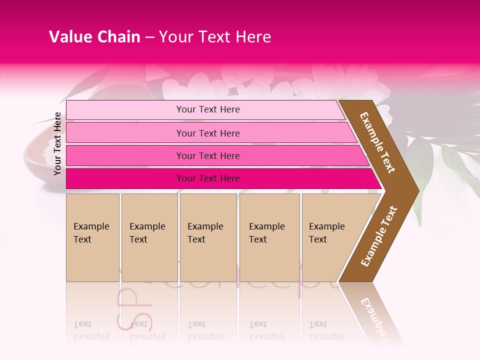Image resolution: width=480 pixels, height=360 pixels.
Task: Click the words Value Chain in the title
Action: pos(94,37)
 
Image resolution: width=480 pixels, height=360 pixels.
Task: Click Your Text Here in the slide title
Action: pos(215,37)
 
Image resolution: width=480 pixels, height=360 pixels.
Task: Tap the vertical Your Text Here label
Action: pos(57,143)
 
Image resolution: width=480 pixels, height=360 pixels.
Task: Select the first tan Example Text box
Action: pos(92,237)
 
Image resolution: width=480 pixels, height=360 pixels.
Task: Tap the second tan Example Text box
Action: pos(149,237)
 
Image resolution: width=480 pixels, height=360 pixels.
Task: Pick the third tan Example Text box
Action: pos(208,237)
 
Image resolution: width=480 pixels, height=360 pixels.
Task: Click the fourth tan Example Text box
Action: pos(269,237)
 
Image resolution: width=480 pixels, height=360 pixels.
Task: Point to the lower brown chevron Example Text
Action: pos(379,236)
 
